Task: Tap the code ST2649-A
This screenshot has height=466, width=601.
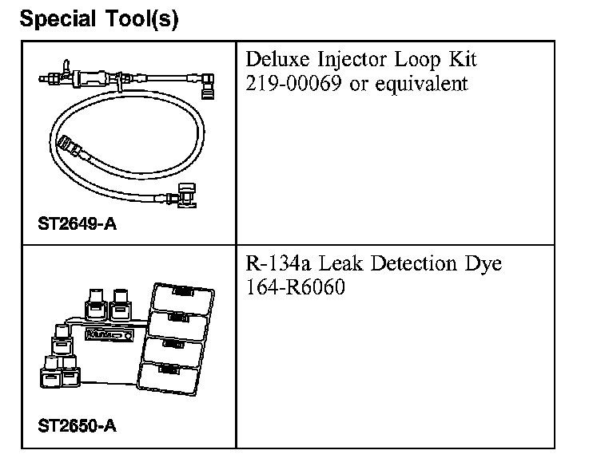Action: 77,224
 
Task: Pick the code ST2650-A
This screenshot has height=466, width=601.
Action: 77,425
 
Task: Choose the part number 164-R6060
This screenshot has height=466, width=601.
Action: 297,286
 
